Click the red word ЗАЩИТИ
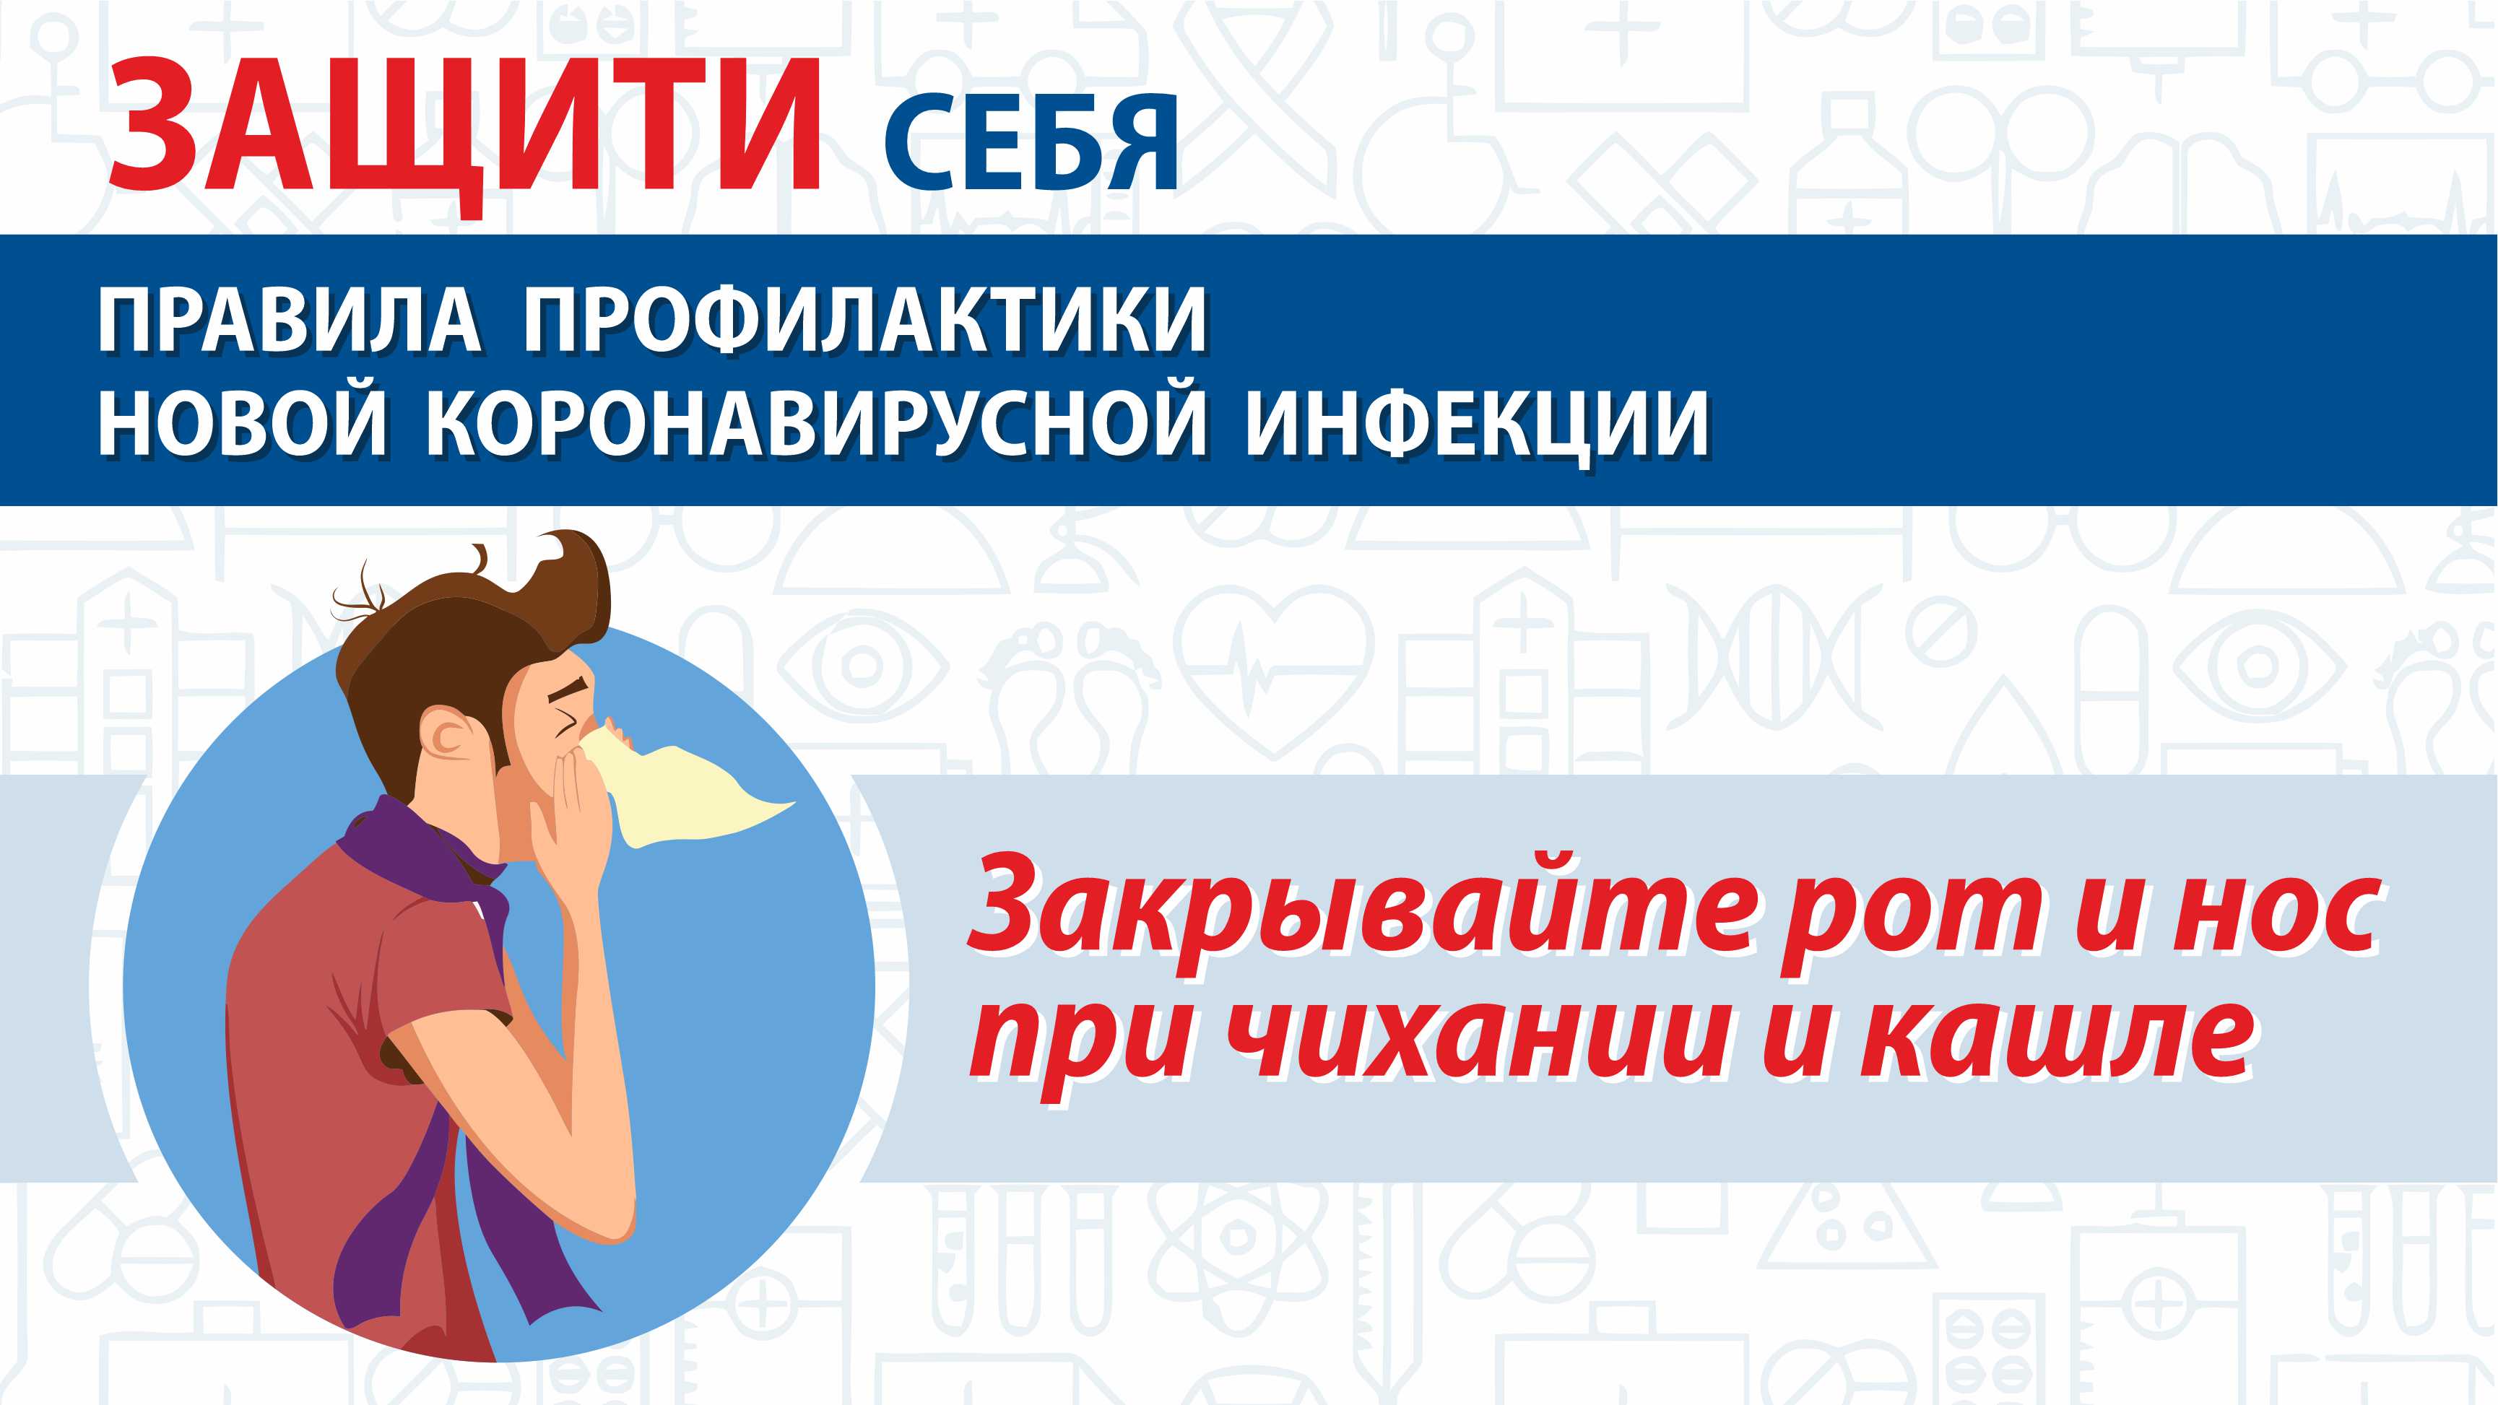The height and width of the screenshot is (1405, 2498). (x=466, y=129)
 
